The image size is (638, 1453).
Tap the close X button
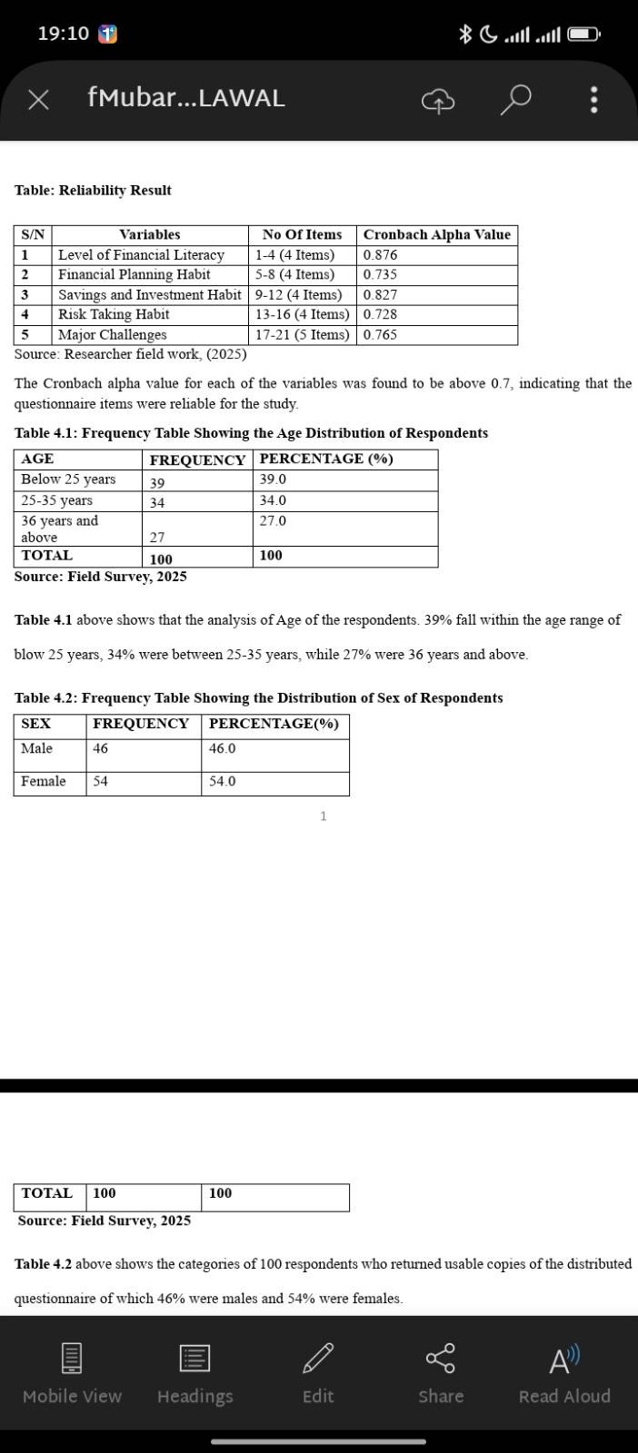tap(38, 99)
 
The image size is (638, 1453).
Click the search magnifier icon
tap(515, 99)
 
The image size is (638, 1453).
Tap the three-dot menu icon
tap(593, 99)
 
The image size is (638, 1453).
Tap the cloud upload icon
tap(437, 100)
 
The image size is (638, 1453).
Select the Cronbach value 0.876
tap(380, 255)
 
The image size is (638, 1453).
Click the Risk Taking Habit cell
tap(114, 314)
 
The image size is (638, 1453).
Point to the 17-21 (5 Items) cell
tap(302, 334)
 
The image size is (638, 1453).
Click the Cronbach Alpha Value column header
tap(436, 234)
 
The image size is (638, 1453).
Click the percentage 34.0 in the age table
tap(273, 500)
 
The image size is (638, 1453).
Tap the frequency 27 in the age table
tap(157, 538)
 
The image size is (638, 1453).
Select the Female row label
tap(44, 781)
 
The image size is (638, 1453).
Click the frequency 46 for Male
tap(100, 748)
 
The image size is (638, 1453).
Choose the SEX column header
tap(36, 724)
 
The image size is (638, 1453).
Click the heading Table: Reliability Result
tap(93, 190)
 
